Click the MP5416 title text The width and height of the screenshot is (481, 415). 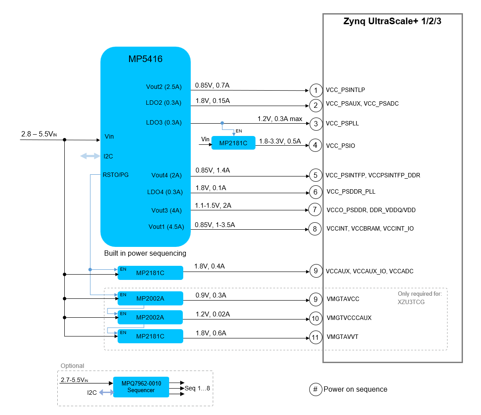pyautogui.click(x=145, y=59)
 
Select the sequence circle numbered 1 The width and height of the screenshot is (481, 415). pyautogui.click(x=316, y=90)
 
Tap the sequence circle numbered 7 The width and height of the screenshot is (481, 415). pyautogui.click(x=315, y=209)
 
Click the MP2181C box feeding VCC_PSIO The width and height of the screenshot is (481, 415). pyautogui.click(x=233, y=143)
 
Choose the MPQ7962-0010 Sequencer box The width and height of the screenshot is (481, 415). pyautogui.click(x=141, y=387)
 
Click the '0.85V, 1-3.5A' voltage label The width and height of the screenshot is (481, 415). pyautogui.click(x=215, y=225)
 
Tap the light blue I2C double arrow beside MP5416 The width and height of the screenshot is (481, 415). pyautogui.click(x=90, y=156)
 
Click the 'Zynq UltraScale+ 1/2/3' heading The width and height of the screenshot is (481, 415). pyautogui.click(x=392, y=21)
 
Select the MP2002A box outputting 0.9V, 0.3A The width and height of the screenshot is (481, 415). pyautogui.click(x=150, y=298)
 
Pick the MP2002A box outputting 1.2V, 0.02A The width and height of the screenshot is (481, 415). pyautogui.click(x=150, y=317)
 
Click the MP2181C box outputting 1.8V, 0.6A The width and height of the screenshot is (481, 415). pyautogui.click(x=150, y=336)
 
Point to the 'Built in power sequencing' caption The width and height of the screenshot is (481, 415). pyautogui.click(x=145, y=253)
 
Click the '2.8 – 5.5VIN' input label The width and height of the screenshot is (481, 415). pyautogui.click(x=39, y=134)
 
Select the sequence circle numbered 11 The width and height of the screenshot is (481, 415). pyautogui.click(x=315, y=338)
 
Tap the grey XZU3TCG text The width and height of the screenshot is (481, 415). pyautogui.click(x=411, y=302)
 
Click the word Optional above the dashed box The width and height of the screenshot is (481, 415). pyautogui.click(x=72, y=366)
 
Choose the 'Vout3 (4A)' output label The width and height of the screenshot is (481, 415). pyautogui.click(x=166, y=210)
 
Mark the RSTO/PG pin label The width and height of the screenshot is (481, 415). pyautogui.click(x=116, y=175)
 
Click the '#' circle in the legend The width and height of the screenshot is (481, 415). pyautogui.click(x=316, y=389)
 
